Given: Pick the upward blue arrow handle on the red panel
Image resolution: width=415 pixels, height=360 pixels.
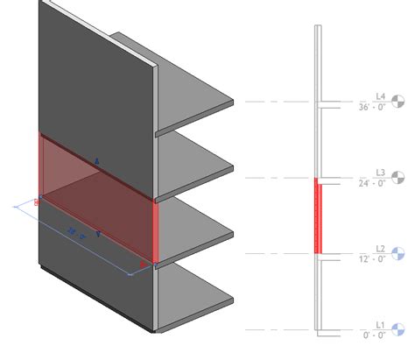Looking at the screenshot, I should (x=97, y=161).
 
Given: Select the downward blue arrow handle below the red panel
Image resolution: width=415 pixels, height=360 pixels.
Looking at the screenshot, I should (x=97, y=235).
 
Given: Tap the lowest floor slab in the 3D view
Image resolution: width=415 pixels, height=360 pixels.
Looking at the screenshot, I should (x=197, y=298).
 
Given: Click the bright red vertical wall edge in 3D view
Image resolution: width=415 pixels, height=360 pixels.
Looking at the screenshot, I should (x=155, y=230).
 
